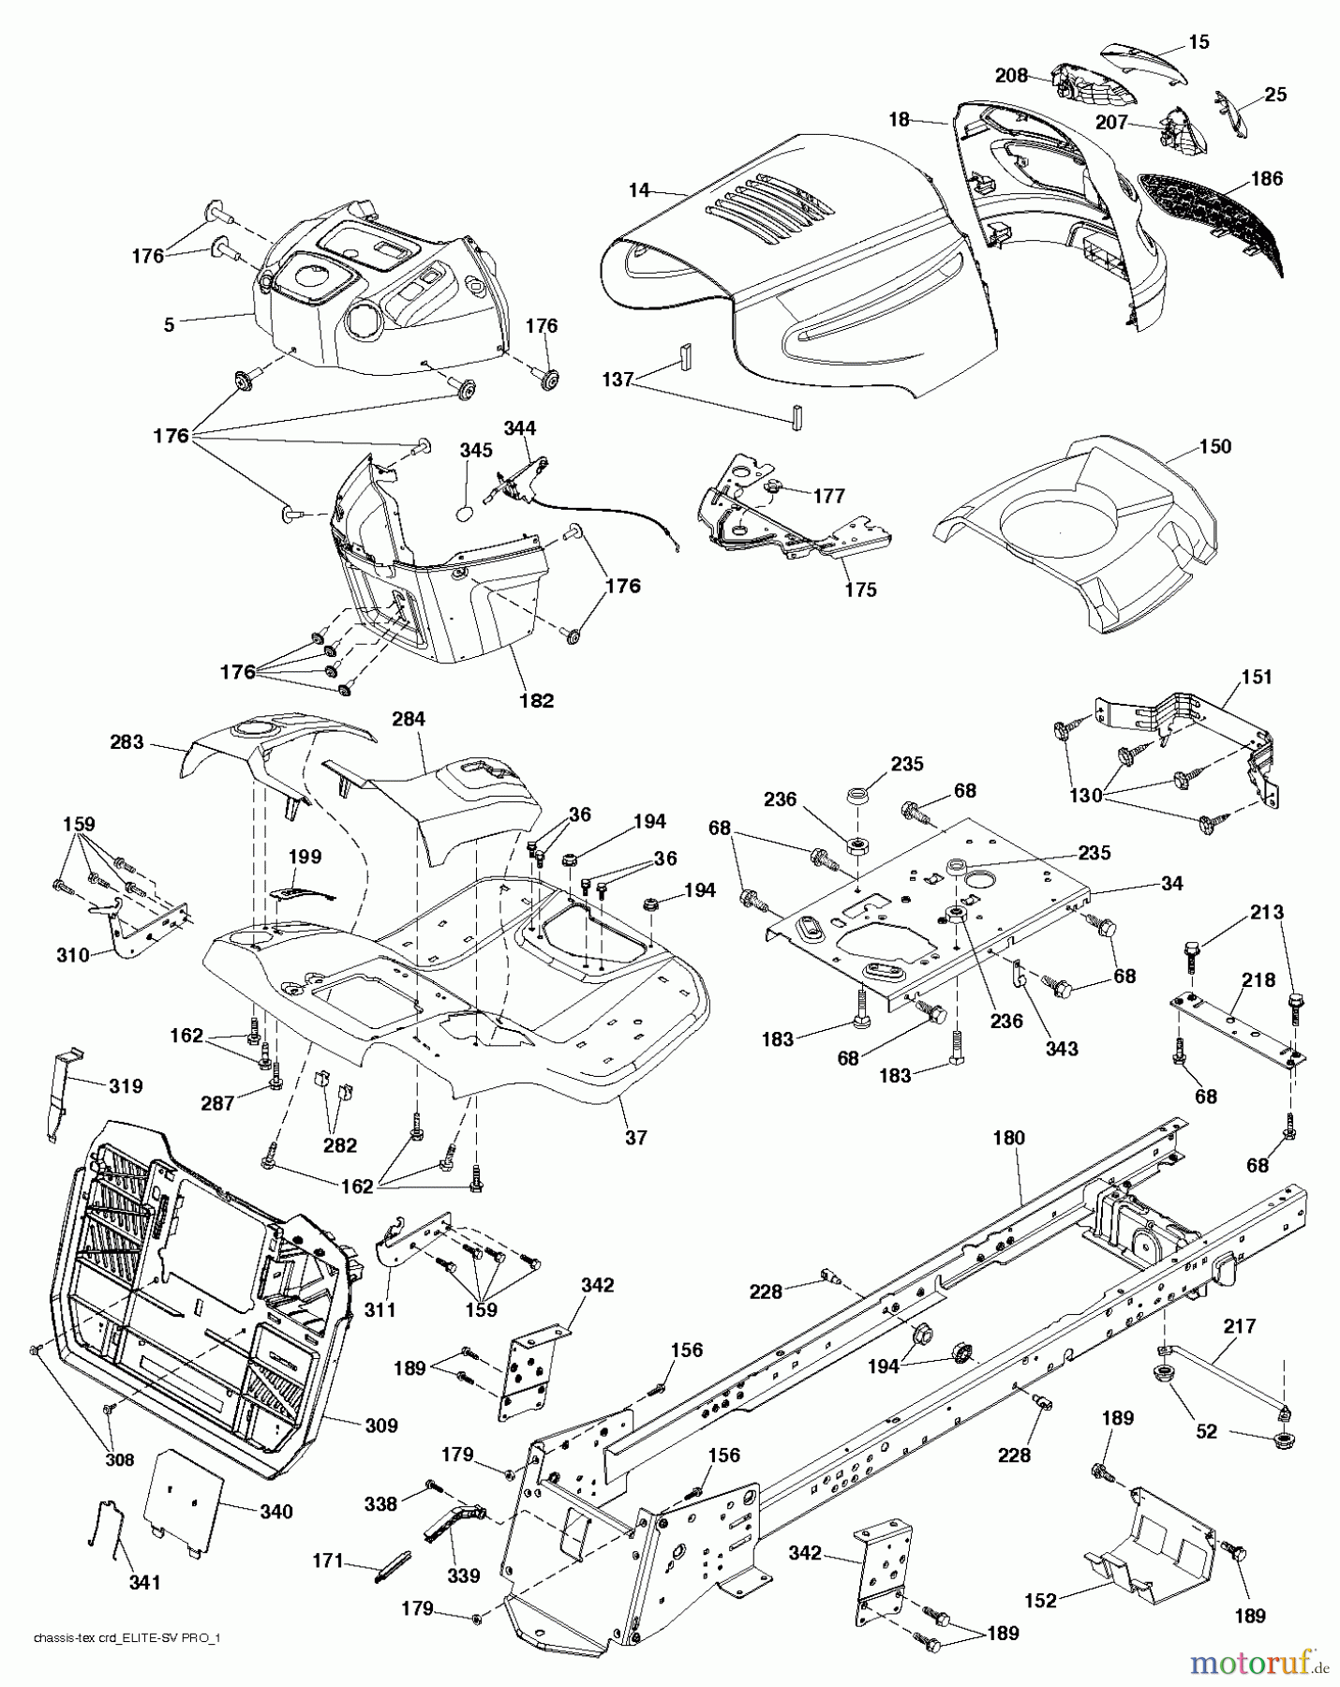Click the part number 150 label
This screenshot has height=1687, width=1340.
point(1214,446)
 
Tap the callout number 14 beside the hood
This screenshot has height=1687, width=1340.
point(639,190)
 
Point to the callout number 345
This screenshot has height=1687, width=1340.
point(475,451)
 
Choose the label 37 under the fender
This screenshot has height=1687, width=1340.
point(635,1137)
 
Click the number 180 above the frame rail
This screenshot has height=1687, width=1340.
point(1009,1138)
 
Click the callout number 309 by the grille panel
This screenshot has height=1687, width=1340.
point(381,1426)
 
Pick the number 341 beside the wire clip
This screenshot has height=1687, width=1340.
point(145,1581)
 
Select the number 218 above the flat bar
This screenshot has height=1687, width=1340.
point(1258,980)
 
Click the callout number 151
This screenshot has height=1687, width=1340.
point(1257,677)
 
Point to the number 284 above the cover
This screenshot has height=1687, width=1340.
point(409,719)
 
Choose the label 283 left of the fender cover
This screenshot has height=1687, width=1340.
point(127,742)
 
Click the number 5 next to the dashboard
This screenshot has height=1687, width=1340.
point(169,325)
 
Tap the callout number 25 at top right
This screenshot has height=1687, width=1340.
point(1275,95)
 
